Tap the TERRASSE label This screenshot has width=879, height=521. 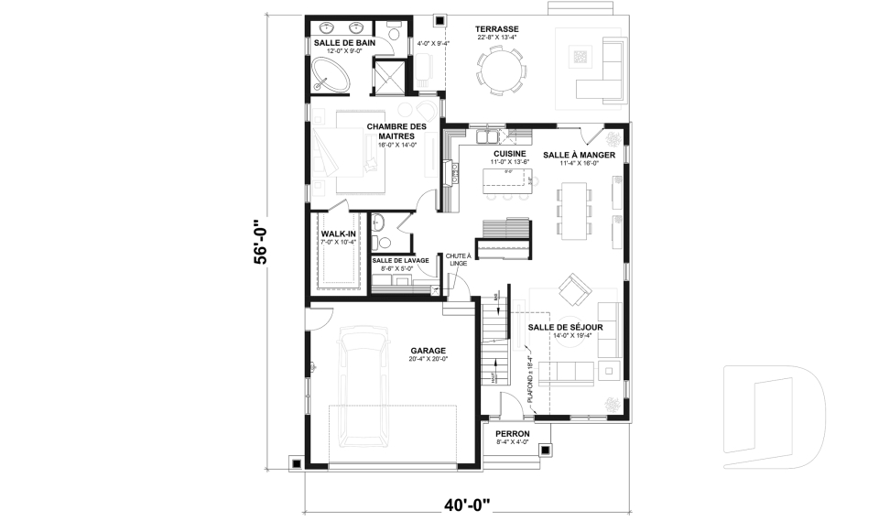[497, 29]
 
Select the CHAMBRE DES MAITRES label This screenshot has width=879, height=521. [396, 131]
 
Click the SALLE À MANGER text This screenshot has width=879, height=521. [578, 155]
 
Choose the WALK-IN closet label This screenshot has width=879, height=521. [338, 234]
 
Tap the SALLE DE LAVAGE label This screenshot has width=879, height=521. [401, 261]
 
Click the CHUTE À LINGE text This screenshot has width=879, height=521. [458, 259]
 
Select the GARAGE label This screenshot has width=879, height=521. [428, 350]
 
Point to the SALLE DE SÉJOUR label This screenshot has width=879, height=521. [571, 327]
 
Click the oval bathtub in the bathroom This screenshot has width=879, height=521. [332, 74]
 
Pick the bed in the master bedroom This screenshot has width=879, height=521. [353, 151]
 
